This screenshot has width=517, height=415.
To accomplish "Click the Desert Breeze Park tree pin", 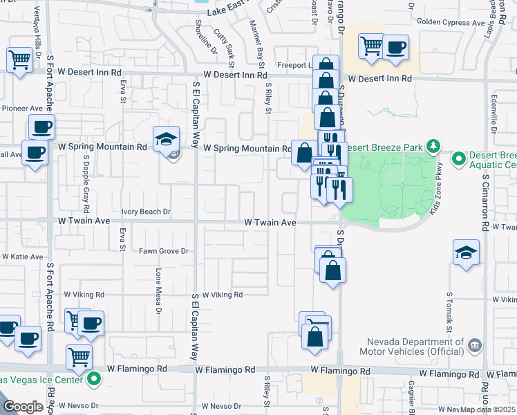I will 433,146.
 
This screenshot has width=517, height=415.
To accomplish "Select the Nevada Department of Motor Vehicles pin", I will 474,344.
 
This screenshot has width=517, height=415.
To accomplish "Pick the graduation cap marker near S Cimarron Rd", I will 467,252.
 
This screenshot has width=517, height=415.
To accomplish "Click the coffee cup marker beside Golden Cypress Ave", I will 395,48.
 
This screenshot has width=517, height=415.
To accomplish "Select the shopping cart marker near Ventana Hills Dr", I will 19,59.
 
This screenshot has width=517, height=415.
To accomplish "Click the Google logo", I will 22,407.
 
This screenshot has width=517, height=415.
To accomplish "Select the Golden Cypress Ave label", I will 451,23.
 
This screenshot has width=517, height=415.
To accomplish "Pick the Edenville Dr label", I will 494,111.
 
